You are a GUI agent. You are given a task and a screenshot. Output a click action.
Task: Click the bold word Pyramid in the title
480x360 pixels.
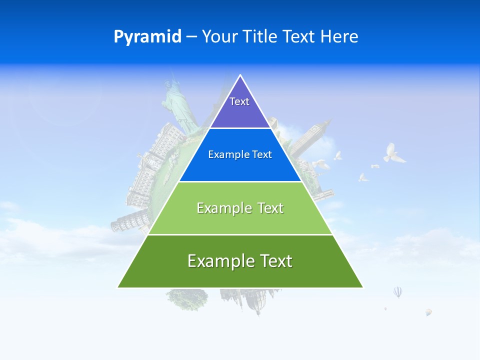point(147,37)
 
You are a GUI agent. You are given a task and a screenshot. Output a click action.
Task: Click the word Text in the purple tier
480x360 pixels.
point(239,101)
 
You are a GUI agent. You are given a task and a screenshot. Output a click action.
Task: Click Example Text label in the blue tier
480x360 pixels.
point(240,154)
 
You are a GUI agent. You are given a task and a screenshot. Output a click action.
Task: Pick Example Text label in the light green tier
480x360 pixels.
point(240,208)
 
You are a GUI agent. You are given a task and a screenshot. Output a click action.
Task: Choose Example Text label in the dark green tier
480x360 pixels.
point(240,261)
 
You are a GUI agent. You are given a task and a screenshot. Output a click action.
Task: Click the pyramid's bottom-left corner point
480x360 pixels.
point(117,287)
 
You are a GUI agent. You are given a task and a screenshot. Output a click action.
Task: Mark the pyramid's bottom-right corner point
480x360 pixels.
point(363,287)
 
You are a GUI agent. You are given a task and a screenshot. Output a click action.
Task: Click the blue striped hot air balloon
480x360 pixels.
point(397,291)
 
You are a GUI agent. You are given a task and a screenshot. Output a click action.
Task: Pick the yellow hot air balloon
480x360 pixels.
point(428,312)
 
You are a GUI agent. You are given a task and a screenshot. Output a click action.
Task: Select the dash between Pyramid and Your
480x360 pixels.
point(191,37)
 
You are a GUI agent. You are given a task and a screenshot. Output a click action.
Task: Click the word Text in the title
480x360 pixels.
point(299,37)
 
